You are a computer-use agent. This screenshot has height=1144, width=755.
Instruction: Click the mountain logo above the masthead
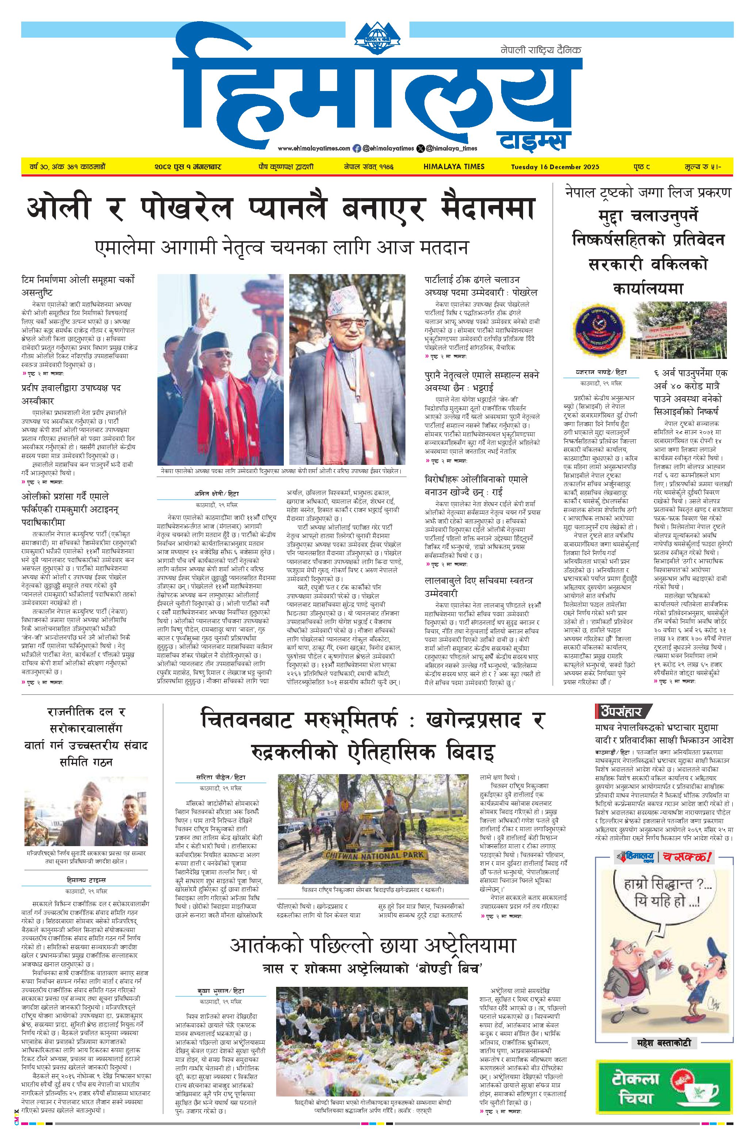pyautogui.click(x=378, y=36)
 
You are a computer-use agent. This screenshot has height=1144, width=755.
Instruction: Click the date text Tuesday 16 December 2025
pyautogui.click(x=555, y=167)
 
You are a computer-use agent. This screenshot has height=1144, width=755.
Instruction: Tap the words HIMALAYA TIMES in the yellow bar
pyautogui.click(x=454, y=167)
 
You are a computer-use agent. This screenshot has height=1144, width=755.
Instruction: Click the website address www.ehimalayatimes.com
pyautogui.click(x=313, y=148)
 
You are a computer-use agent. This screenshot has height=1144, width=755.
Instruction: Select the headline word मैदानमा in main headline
pyautogui.click(x=487, y=208)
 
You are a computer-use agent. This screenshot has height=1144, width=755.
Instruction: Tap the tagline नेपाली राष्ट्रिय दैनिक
pyautogui.click(x=541, y=50)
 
